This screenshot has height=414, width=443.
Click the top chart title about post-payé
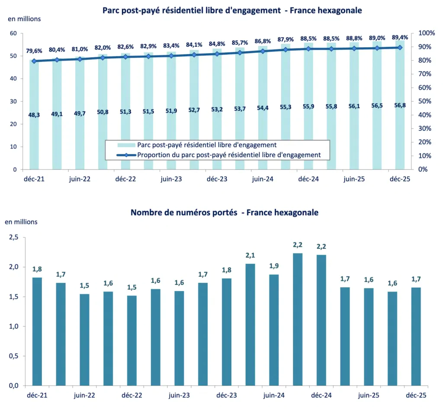(x=232, y=10)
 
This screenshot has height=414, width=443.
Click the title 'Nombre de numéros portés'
(x=225, y=213)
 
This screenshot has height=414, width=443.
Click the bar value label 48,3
(x=34, y=114)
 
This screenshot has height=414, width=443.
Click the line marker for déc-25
(x=399, y=48)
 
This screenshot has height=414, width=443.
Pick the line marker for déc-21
(x=34, y=61)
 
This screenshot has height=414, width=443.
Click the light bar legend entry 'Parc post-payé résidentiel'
(x=206, y=145)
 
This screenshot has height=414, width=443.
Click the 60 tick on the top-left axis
(x=13, y=33)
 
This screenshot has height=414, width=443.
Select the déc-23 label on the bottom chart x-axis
(x=227, y=395)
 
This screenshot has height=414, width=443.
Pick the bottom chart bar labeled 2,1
(x=250, y=324)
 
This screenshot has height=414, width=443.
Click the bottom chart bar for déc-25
(x=416, y=336)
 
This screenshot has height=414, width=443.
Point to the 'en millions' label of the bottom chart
(x=21, y=222)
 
